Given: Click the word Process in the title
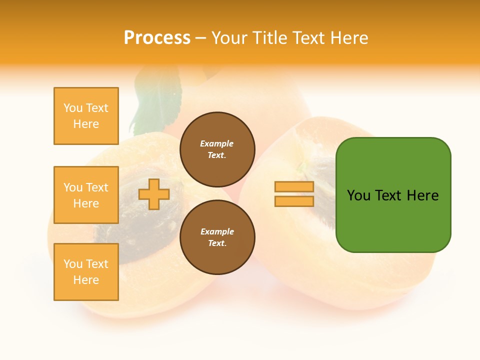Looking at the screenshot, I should [157, 38].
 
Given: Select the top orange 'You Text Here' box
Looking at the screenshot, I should [86, 116].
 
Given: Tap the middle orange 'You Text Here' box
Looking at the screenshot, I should [86, 195].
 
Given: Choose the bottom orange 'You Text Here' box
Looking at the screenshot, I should [86, 272].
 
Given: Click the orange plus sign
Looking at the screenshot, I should [154, 194].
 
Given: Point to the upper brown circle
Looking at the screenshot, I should [217, 149].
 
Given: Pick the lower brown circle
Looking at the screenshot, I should [217, 237].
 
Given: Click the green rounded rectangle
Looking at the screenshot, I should [393, 194].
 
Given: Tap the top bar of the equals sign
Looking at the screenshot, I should [294, 187].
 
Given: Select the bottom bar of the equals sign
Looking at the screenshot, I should [294, 201].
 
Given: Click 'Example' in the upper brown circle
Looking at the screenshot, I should [216, 143].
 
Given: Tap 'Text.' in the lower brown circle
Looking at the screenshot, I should [217, 243].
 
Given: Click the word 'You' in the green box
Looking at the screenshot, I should [358, 195].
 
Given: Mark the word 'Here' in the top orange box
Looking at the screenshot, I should [86, 124].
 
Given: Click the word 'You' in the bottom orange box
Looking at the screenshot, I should [72, 264].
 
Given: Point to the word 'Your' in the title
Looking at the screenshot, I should [229, 38].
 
